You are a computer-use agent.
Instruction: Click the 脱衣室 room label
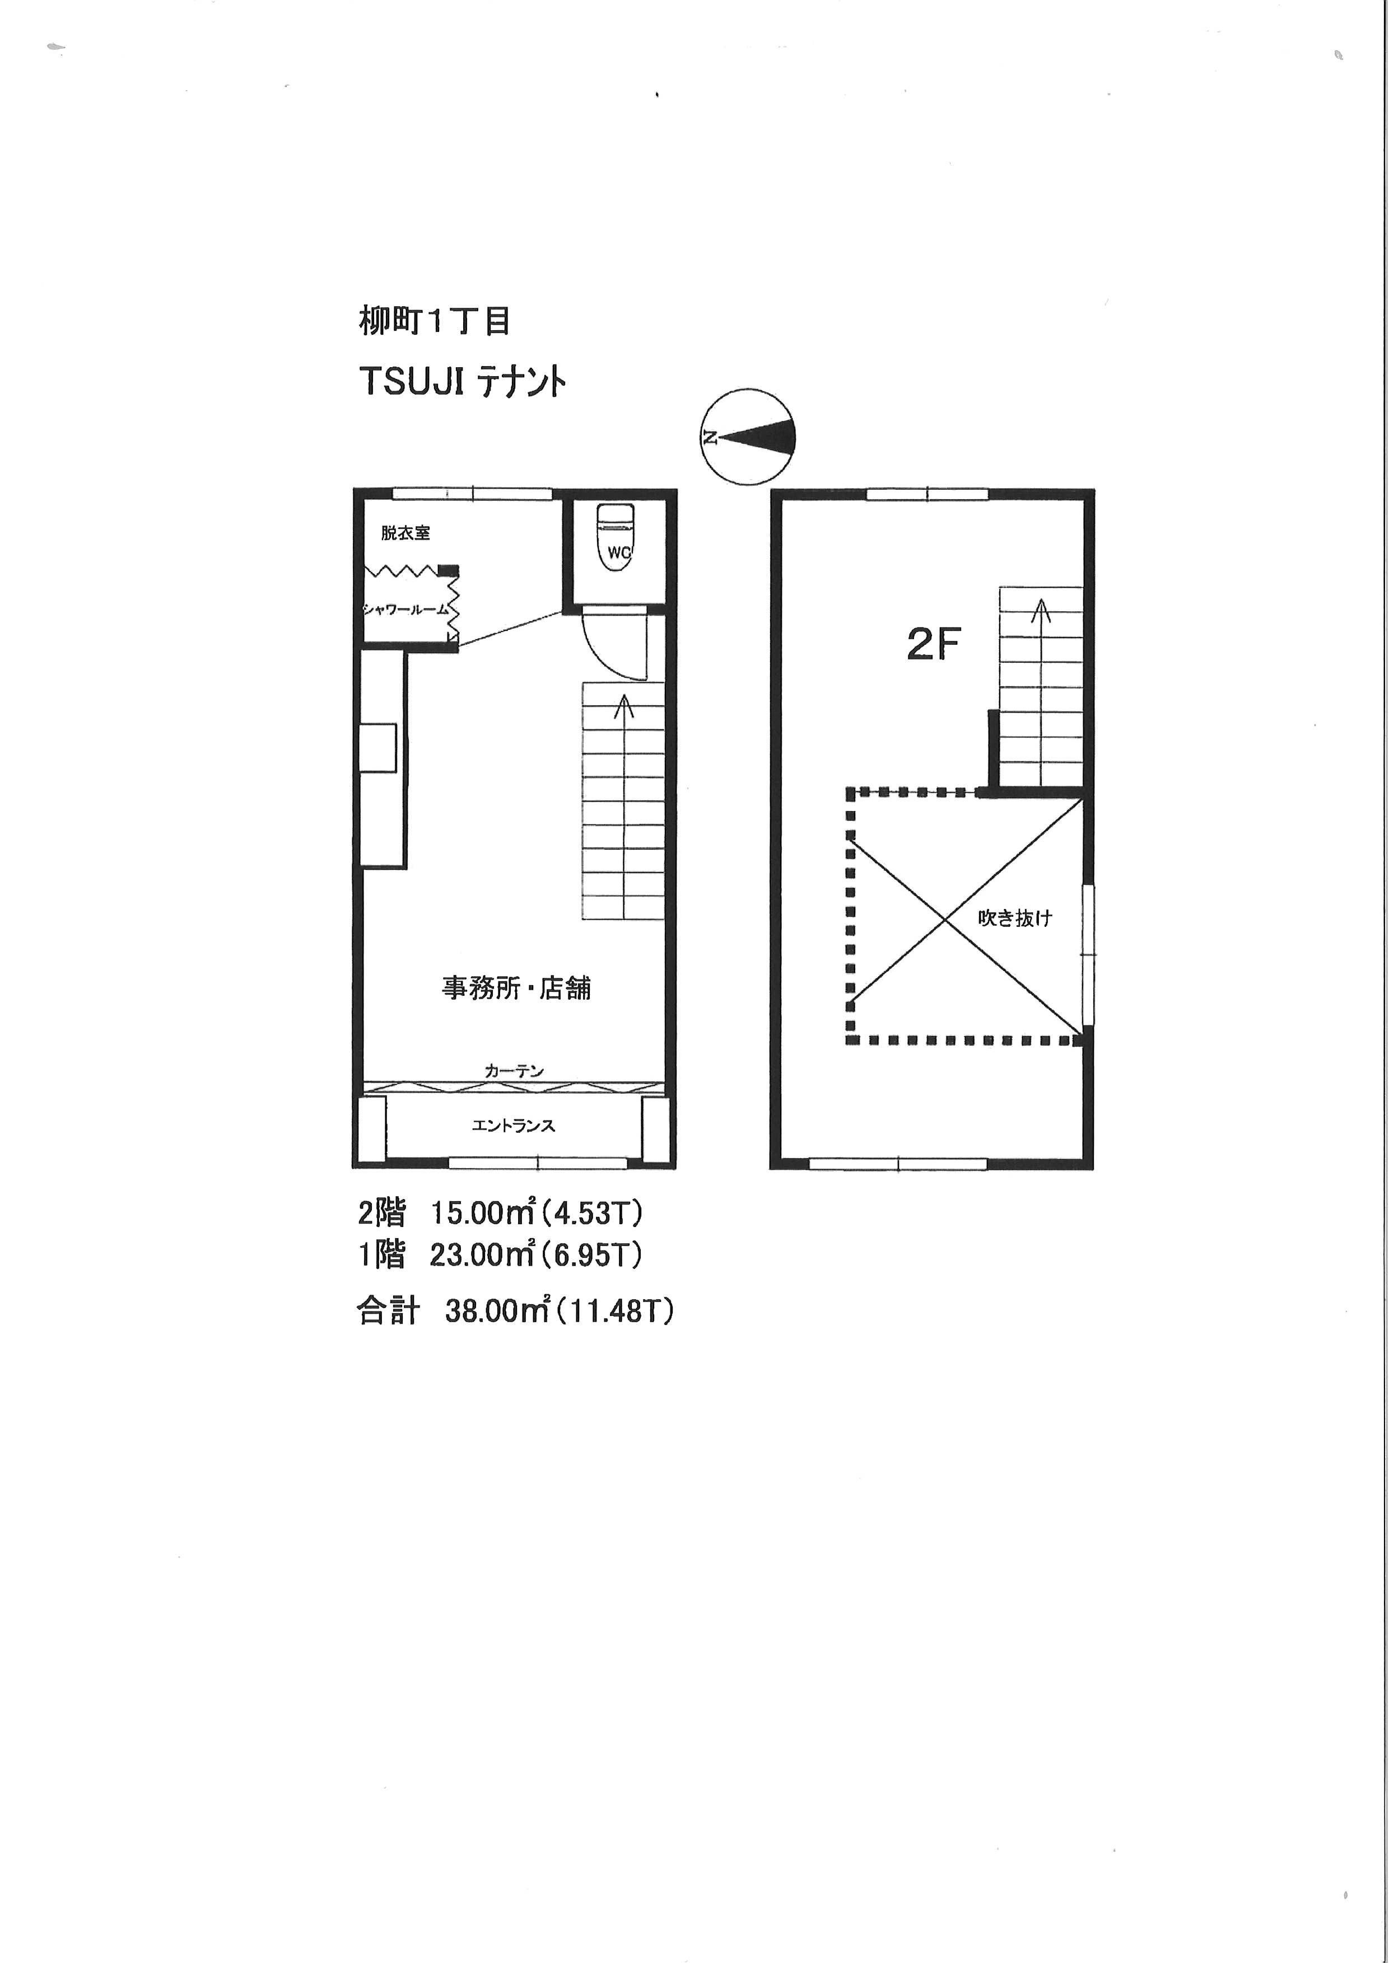point(405,533)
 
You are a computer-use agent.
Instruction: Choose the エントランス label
point(513,1125)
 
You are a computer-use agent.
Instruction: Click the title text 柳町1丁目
point(435,321)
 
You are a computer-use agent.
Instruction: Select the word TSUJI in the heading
point(412,381)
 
